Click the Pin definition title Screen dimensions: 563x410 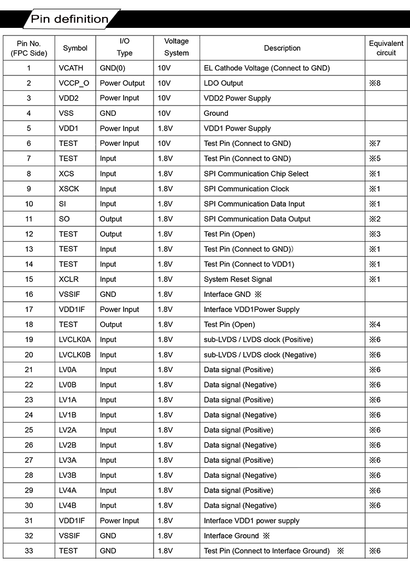click(69, 19)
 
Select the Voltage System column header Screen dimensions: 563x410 click(176, 48)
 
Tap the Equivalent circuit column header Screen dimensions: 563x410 click(386, 48)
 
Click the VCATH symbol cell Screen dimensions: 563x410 click(71, 68)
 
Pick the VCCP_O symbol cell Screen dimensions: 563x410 click(74, 83)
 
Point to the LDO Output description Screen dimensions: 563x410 click(224, 83)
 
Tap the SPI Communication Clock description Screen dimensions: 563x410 click(247, 189)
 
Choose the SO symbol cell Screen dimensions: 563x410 click(65, 219)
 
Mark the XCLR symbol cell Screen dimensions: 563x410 click(69, 279)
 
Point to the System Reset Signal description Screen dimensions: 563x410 click(238, 279)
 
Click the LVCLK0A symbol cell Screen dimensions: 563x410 click(75, 339)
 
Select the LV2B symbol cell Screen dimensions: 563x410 click(68, 445)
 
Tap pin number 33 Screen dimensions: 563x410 click(29, 550)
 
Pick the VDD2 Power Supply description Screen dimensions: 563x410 click(237, 98)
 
